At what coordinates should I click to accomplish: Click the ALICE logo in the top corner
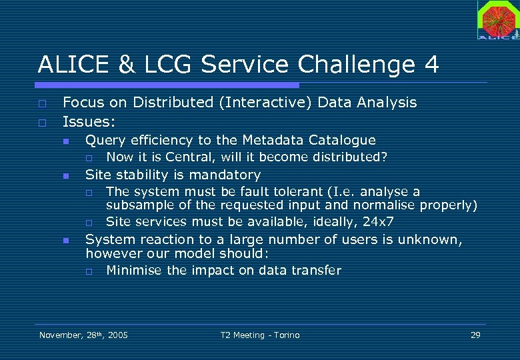[497, 19]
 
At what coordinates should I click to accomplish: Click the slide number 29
[475, 335]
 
